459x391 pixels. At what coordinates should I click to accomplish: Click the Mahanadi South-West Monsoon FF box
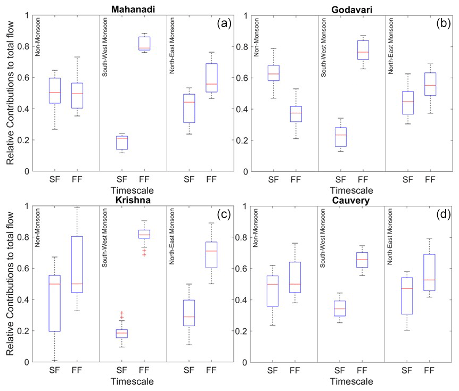[144, 44]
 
